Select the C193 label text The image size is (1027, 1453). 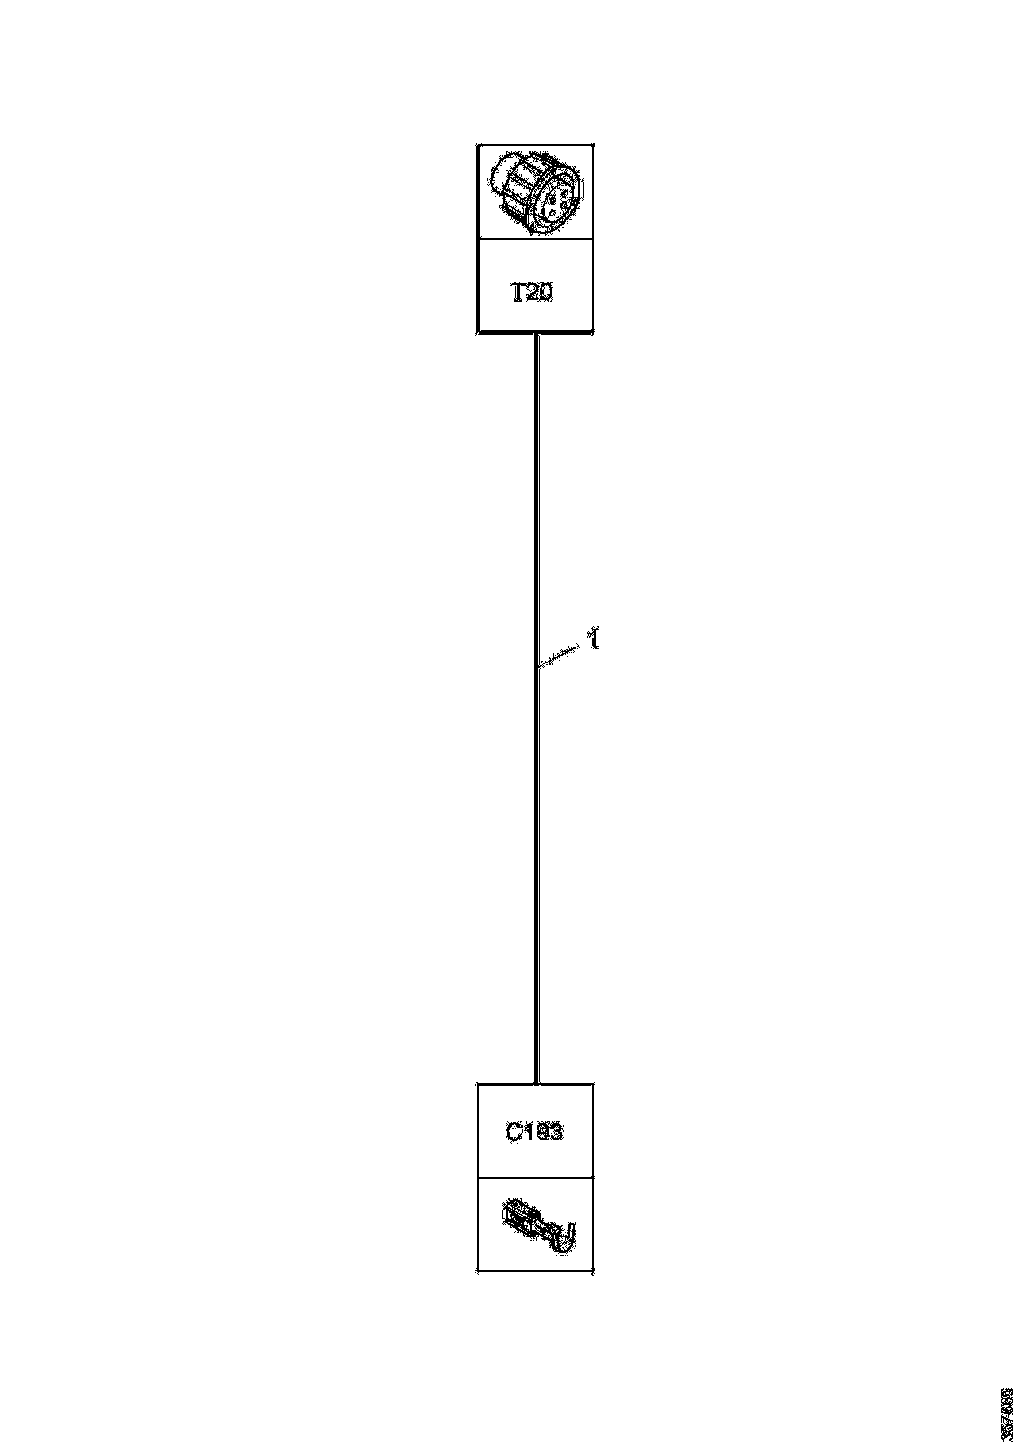pos(534,1132)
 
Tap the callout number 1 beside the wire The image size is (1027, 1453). pos(594,639)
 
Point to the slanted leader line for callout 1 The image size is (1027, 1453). pos(557,656)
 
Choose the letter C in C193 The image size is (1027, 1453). pos(514,1132)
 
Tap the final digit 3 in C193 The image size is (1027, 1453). pos(555,1132)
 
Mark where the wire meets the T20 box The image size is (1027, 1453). pos(537,333)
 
